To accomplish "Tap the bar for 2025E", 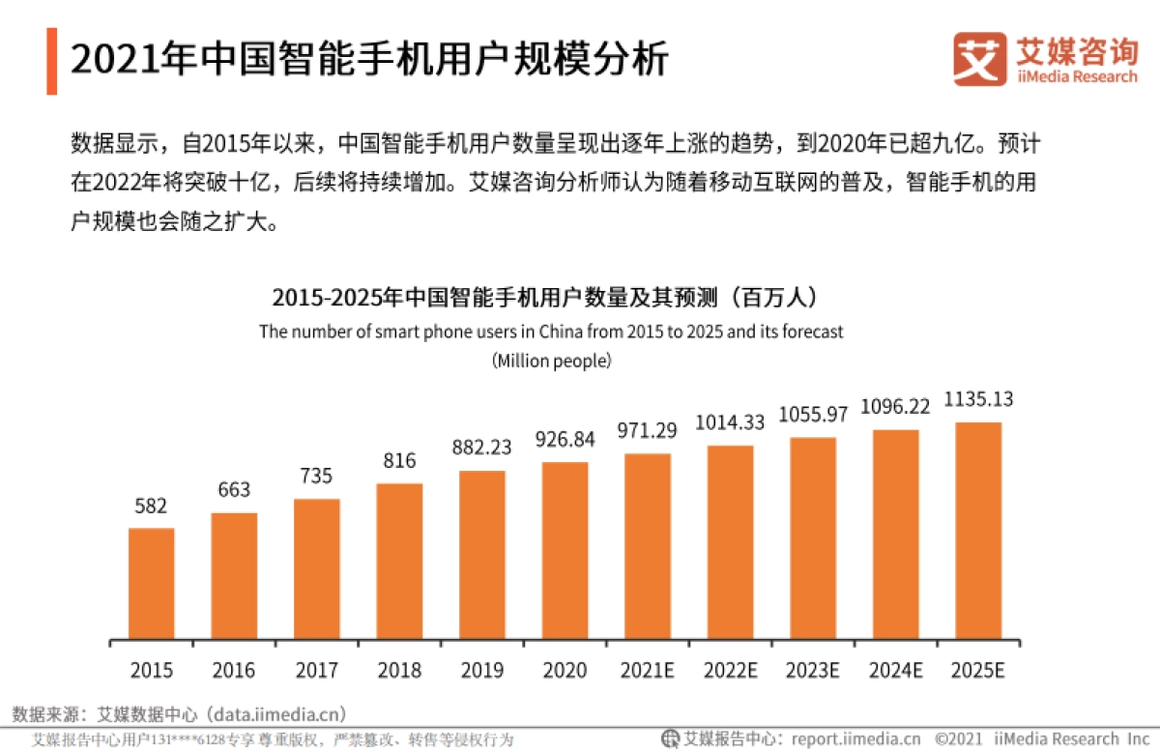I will point(977,531).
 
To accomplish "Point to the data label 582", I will point(151,506).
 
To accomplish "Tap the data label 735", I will point(316,476).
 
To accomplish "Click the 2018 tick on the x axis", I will point(399,670).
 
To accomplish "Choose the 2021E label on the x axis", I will point(648,670).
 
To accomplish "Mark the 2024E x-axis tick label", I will point(895,670).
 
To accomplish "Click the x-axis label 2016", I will point(234,670).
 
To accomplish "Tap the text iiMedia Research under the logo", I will point(1076,76).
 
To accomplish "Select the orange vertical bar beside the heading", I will point(51,61).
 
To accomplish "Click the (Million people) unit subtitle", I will point(551,361).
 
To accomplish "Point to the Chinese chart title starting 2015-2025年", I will point(550,296).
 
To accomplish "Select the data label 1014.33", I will point(730,423).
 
